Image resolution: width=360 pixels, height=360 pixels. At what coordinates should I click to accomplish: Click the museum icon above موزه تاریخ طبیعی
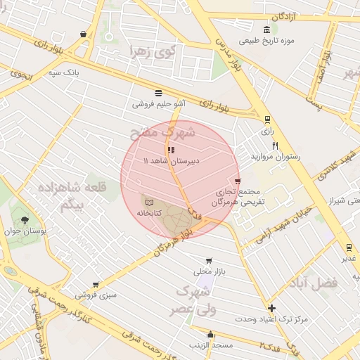tap(266, 30)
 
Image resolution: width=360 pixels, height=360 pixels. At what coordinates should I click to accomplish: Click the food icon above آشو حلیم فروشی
tap(160, 93)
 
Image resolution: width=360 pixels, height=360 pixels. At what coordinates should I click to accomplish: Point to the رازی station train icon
tap(266, 120)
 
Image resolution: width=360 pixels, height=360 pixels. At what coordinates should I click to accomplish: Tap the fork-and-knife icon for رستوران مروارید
tap(276, 146)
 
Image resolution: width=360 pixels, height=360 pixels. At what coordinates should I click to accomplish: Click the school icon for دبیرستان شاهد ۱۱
tap(171, 150)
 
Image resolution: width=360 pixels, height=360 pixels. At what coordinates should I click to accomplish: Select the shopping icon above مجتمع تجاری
tap(238, 181)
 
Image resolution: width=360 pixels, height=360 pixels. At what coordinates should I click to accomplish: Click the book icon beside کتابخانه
tap(148, 202)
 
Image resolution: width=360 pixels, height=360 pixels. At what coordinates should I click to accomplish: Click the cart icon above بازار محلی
tap(208, 261)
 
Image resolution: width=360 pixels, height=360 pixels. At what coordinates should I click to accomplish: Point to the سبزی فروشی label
tap(96, 295)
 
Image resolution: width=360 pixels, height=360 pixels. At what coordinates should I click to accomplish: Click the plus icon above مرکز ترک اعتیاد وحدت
tap(271, 308)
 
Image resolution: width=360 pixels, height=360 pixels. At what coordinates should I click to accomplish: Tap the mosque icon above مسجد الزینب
tap(210, 334)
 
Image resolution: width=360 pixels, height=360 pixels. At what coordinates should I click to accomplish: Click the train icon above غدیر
tap(348, 247)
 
